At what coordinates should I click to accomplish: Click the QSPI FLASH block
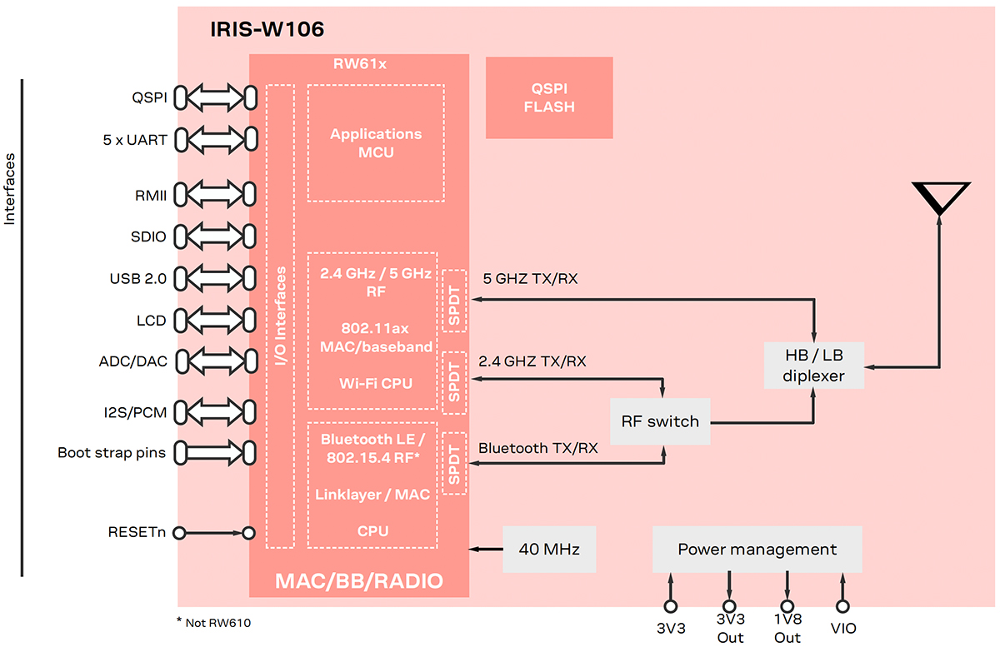click(x=549, y=97)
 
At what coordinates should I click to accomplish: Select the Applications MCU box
click(x=375, y=143)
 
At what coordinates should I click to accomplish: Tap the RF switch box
click(x=660, y=421)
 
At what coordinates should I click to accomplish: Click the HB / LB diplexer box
click(x=814, y=365)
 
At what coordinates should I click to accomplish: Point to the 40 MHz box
click(x=549, y=549)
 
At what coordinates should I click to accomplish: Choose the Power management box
click(x=757, y=549)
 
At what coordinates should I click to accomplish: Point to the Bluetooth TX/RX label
click(x=537, y=447)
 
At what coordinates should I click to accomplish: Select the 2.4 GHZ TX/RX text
click(x=532, y=361)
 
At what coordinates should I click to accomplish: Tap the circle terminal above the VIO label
click(x=842, y=606)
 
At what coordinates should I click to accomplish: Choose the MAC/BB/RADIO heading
click(x=358, y=580)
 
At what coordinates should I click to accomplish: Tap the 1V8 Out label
click(x=787, y=630)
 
